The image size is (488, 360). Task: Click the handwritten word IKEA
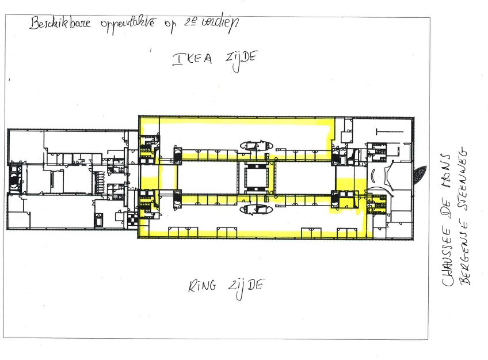[192, 59]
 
